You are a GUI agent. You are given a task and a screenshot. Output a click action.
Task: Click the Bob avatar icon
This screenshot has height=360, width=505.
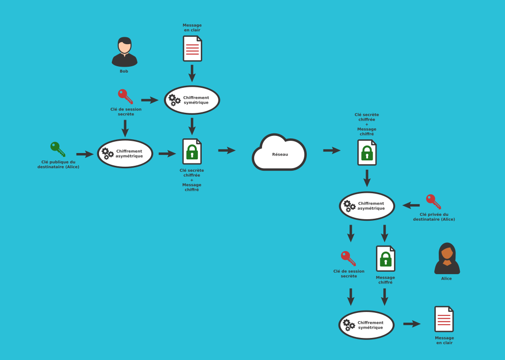(124, 52)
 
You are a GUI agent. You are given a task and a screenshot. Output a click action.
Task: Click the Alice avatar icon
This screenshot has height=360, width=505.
(447, 258)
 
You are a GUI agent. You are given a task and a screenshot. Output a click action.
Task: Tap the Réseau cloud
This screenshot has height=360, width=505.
(279, 153)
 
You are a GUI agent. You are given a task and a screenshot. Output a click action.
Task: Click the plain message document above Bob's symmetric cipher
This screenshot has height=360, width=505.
(192, 49)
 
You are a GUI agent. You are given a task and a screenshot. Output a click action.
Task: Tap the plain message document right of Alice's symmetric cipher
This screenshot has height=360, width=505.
(444, 319)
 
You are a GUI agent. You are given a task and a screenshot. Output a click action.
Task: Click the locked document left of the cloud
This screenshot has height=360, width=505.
(192, 152)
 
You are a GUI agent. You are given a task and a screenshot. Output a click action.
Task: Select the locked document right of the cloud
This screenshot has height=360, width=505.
(367, 153)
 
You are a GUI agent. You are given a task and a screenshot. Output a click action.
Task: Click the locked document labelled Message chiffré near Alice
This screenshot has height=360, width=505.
(385, 258)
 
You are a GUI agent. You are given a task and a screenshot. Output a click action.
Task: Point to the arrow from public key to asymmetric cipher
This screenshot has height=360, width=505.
(85, 154)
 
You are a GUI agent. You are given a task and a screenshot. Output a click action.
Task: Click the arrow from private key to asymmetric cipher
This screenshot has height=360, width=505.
(411, 205)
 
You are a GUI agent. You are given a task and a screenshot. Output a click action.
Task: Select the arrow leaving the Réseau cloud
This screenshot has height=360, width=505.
(332, 150)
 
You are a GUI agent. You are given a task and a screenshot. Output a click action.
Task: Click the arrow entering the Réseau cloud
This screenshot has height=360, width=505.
(227, 150)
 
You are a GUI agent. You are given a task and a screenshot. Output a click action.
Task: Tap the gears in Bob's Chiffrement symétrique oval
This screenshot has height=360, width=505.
(174, 100)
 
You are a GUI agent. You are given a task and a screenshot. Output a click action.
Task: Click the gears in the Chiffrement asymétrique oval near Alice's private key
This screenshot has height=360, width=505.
(349, 206)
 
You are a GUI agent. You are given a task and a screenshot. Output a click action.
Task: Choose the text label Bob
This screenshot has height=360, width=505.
(124, 71)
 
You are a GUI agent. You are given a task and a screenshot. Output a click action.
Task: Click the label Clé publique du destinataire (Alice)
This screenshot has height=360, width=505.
(58, 164)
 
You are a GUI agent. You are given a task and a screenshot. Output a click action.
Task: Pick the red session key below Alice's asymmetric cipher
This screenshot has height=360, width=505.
(348, 258)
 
